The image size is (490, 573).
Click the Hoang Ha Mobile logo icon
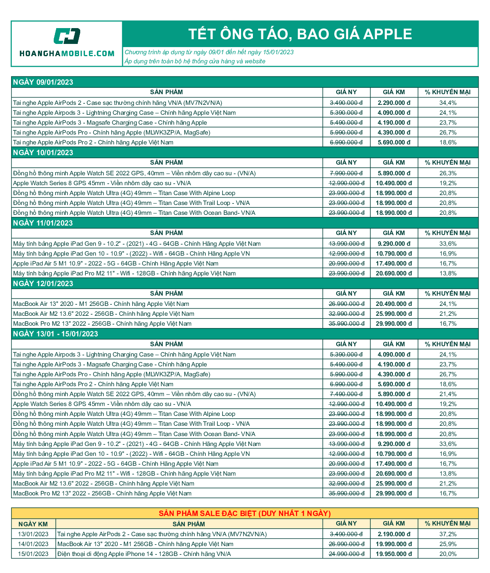point(67,36)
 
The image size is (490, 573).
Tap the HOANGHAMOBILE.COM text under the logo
point(67,53)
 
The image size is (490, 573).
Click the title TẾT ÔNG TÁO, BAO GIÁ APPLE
point(300,34)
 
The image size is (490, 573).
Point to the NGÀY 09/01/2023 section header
point(43,82)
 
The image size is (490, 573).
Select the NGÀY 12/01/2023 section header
point(43,284)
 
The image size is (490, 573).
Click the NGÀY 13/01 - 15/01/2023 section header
point(55,334)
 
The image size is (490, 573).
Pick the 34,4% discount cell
point(448,103)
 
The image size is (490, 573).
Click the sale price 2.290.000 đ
point(394,103)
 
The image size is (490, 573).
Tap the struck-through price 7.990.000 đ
point(346,173)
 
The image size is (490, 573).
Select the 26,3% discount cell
point(448,173)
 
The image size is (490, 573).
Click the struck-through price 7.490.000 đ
point(346,394)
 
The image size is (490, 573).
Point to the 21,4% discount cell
point(448,394)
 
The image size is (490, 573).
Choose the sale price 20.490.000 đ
point(394,304)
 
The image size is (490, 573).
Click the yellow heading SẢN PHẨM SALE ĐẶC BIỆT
point(245,514)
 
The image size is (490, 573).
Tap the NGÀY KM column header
point(33,524)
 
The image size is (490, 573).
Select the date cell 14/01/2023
point(33,544)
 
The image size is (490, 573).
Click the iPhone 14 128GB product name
point(144,554)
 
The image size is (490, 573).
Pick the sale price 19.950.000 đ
point(394,554)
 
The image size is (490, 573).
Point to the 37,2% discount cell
point(448,534)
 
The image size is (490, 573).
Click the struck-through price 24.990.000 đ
point(346,554)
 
